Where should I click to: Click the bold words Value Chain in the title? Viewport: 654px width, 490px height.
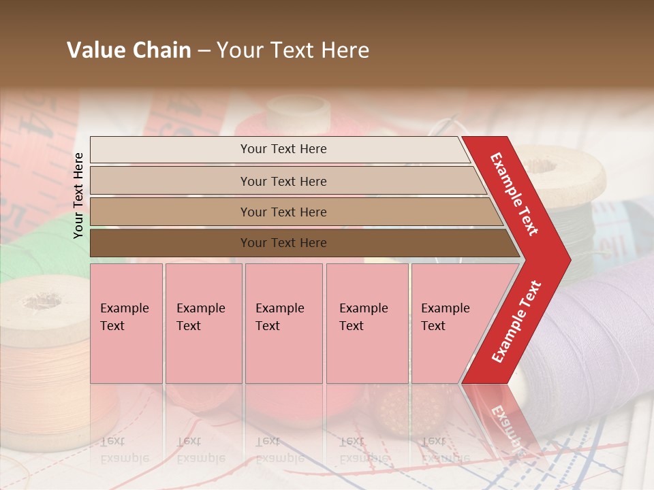[129, 50]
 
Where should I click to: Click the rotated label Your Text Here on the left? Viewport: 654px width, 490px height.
[78, 195]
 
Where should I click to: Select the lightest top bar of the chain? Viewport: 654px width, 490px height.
[283, 149]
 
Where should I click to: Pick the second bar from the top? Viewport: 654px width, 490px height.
[283, 181]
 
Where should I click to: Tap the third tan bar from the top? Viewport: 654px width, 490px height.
[283, 212]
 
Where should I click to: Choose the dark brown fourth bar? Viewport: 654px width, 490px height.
[283, 243]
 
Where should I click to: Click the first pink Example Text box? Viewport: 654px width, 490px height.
[126, 323]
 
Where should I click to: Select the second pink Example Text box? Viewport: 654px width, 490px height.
[203, 323]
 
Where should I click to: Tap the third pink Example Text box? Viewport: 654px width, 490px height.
[283, 323]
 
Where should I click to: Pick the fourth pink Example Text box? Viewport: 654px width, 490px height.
[367, 323]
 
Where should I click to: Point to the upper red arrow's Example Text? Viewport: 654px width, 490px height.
[515, 194]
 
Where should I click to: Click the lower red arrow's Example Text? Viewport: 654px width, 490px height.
[516, 322]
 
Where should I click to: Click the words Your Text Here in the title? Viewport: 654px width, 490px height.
[293, 50]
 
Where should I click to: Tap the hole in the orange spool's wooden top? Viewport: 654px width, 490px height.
[42, 300]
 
